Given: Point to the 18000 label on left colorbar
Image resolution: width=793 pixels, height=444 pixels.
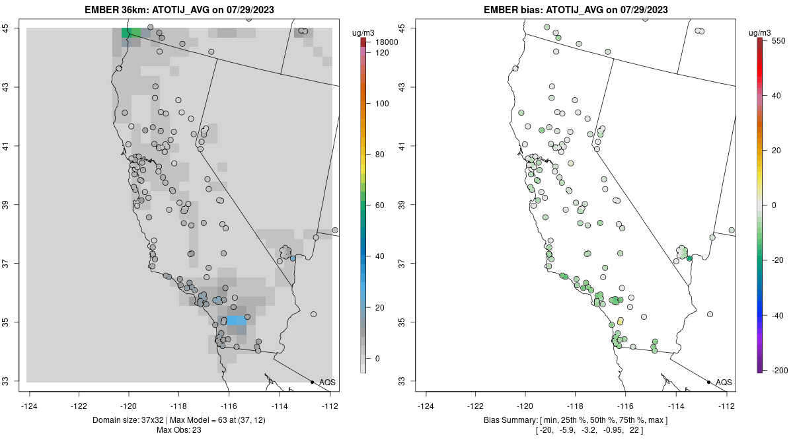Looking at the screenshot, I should [x=383, y=42].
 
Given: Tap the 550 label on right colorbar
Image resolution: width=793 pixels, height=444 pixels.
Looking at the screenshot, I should [x=777, y=40].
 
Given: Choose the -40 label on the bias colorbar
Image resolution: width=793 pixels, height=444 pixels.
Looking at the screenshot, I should [x=777, y=316].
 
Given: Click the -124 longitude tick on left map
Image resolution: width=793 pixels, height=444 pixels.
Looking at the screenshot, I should [x=30, y=405].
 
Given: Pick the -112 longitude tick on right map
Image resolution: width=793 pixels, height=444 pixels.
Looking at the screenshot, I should [x=726, y=405].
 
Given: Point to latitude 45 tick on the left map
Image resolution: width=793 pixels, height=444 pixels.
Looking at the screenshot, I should [x=11, y=28].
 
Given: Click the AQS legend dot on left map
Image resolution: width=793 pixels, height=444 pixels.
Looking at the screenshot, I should [x=312, y=382].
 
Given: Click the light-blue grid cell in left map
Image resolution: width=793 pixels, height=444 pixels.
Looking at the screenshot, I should [x=236, y=320].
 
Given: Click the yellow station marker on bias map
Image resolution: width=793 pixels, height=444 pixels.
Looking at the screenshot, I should [x=620, y=321].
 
